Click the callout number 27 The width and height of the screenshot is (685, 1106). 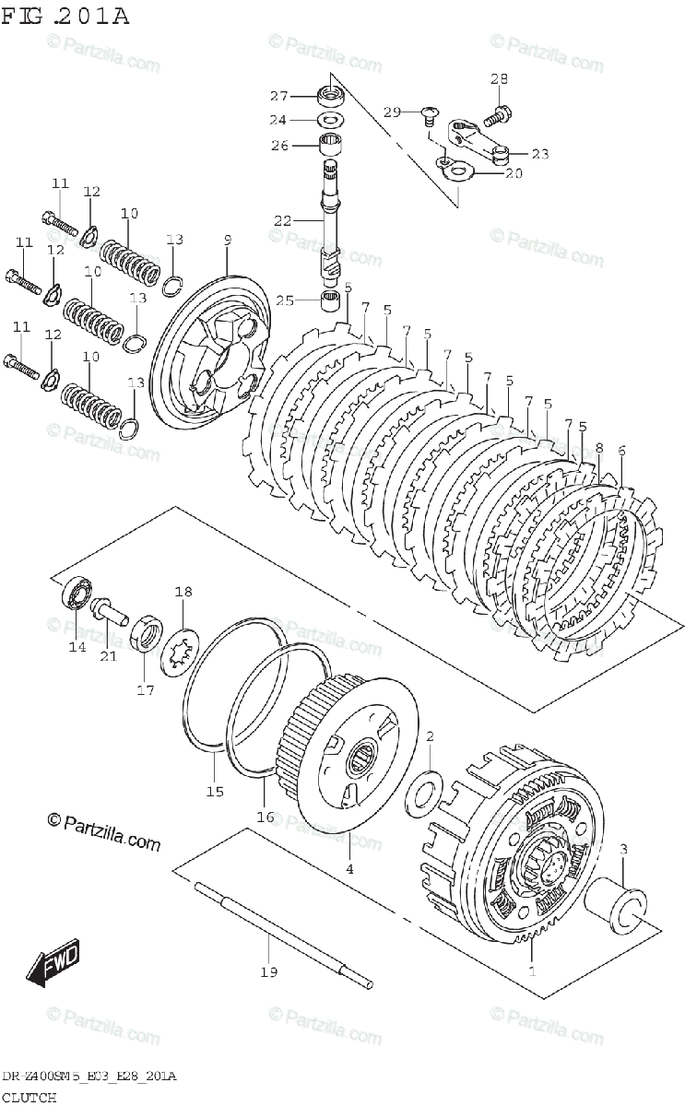tap(279, 96)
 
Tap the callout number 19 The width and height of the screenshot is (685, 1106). tap(268, 971)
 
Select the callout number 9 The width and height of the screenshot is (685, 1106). tap(226, 241)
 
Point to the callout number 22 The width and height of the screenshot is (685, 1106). tap(282, 219)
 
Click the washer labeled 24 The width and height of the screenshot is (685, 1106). tap(329, 120)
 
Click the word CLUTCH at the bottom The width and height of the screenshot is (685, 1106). tap(29, 1097)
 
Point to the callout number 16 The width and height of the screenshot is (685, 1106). tap(266, 817)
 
